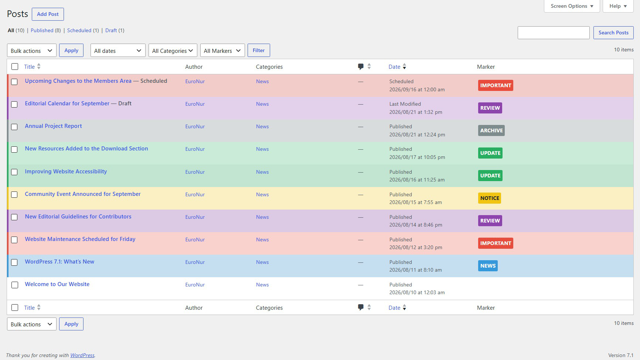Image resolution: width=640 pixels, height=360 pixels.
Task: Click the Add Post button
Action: coord(48,14)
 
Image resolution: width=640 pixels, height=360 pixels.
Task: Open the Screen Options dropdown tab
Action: coord(572,6)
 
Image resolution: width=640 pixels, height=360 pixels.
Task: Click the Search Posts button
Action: coord(613,33)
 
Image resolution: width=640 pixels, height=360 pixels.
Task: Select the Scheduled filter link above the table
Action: coord(79,30)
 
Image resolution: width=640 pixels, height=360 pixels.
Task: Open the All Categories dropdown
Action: coord(173,51)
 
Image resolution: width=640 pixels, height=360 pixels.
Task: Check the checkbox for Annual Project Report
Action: coord(14,127)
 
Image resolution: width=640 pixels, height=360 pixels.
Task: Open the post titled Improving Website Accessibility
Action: coord(66,171)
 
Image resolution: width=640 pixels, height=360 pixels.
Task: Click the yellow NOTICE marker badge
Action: coord(490,198)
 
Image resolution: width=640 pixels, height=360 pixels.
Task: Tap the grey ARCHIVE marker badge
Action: coord(491,130)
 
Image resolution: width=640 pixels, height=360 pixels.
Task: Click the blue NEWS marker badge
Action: coord(488,266)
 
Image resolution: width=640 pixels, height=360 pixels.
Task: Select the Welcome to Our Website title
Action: coord(57,284)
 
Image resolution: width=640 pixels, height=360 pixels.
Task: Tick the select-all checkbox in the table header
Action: coord(15,67)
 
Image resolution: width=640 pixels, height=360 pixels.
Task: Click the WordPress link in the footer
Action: coord(82,355)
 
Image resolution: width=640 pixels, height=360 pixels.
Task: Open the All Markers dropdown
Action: coord(222,51)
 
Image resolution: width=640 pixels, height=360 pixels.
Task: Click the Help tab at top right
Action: coord(618,6)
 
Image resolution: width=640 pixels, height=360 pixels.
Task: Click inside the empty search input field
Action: coord(554,33)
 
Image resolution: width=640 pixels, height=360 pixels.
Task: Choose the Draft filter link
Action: coord(111,30)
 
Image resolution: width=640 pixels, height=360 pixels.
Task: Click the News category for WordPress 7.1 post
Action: coord(262,262)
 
